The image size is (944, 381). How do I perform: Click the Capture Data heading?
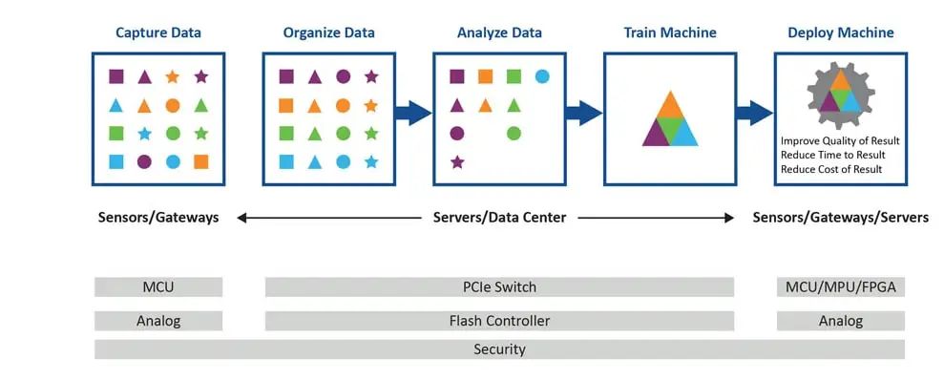click(x=158, y=32)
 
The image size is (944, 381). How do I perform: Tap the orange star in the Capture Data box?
click(x=172, y=76)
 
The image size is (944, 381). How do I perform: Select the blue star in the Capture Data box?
click(x=144, y=133)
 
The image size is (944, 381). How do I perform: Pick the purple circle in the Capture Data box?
click(x=144, y=161)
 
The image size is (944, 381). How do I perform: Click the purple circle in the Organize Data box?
click(x=344, y=76)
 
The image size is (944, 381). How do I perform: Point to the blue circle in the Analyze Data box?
click(x=542, y=76)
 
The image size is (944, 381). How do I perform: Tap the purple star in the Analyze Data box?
click(x=457, y=162)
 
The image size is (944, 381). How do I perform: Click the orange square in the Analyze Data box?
click(x=485, y=76)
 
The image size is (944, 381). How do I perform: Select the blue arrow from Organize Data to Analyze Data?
click(x=413, y=113)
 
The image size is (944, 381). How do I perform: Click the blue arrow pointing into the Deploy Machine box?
click(x=754, y=113)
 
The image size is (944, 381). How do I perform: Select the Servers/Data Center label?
click(x=500, y=218)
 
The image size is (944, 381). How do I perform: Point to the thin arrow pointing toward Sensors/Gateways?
click(x=328, y=218)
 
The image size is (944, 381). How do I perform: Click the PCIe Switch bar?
click(x=500, y=287)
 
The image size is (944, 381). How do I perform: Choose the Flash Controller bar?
click(x=500, y=321)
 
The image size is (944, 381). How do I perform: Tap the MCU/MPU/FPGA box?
click(x=841, y=287)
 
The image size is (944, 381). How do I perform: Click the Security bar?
click(x=500, y=349)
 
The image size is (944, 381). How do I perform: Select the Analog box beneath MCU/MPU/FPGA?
click(x=841, y=321)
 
